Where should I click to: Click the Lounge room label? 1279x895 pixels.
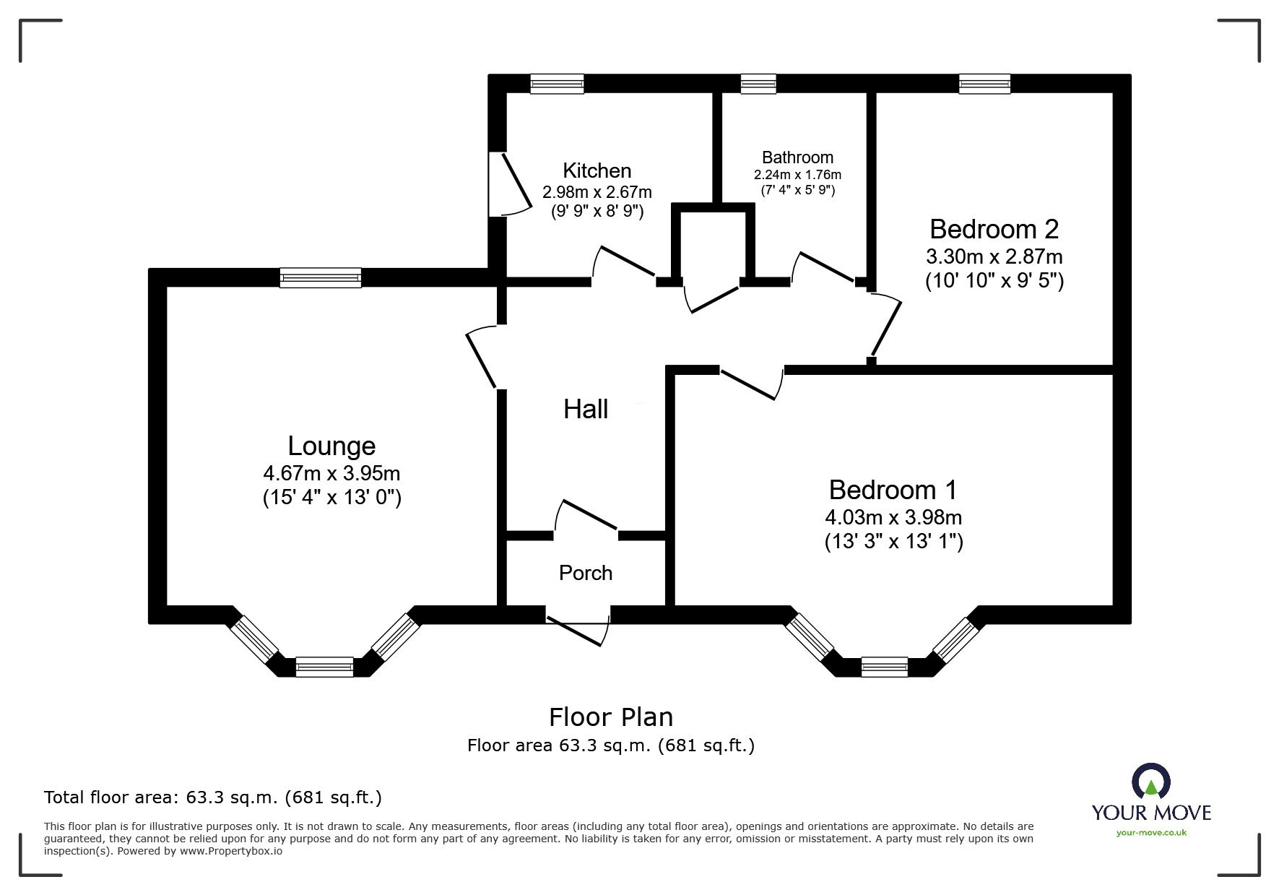[x=331, y=446]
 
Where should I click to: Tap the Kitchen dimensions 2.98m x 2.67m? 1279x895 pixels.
[x=597, y=192]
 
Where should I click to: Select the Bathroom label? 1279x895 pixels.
[x=797, y=157]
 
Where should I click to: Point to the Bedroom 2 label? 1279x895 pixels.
[x=994, y=229]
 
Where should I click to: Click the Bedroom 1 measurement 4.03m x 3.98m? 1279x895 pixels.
[x=893, y=517]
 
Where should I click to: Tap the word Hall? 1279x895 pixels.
[x=586, y=410]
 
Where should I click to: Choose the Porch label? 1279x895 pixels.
[x=586, y=573]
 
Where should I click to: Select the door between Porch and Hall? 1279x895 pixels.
[x=586, y=515]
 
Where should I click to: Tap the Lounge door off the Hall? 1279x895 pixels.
[x=481, y=358]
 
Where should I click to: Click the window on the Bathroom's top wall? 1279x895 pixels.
[x=758, y=85]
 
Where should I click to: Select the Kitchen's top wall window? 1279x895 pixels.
[x=557, y=85]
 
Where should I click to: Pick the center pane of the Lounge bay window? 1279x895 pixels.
[x=324, y=667]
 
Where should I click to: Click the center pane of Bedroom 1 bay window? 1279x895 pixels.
[x=884, y=667]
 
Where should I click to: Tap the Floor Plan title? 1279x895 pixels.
[x=611, y=717]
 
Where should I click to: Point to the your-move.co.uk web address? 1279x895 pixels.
[x=1151, y=833]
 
